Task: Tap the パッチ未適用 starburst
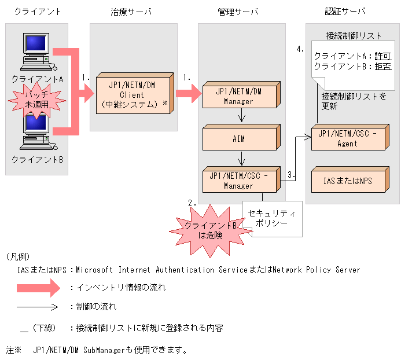[x=36, y=98]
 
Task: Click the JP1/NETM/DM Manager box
[x=240, y=95]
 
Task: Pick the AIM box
[x=240, y=138]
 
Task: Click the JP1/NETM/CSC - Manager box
[x=240, y=181]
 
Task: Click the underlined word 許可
[x=382, y=56]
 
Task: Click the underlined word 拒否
[x=382, y=67]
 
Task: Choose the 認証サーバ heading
[x=345, y=12]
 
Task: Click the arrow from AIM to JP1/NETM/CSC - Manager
[x=240, y=158]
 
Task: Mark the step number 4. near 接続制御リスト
[x=300, y=50]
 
